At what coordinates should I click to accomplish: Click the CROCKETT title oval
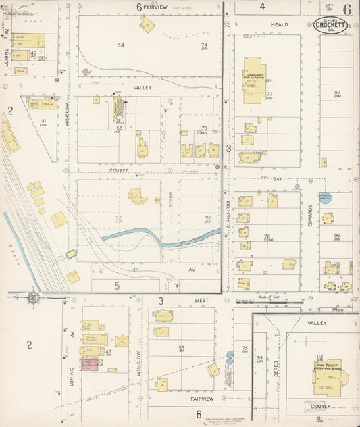click(331, 26)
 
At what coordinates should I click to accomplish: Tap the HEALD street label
click(279, 24)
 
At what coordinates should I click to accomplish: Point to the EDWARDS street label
click(309, 214)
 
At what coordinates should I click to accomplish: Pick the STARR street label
click(170, 201)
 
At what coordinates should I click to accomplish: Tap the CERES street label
click(276, 369)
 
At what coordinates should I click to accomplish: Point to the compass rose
click(32, 297)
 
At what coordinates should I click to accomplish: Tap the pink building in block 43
click(90, 364)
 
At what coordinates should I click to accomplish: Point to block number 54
click(122, 45)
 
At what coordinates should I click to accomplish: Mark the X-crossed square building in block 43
click(122, 341)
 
